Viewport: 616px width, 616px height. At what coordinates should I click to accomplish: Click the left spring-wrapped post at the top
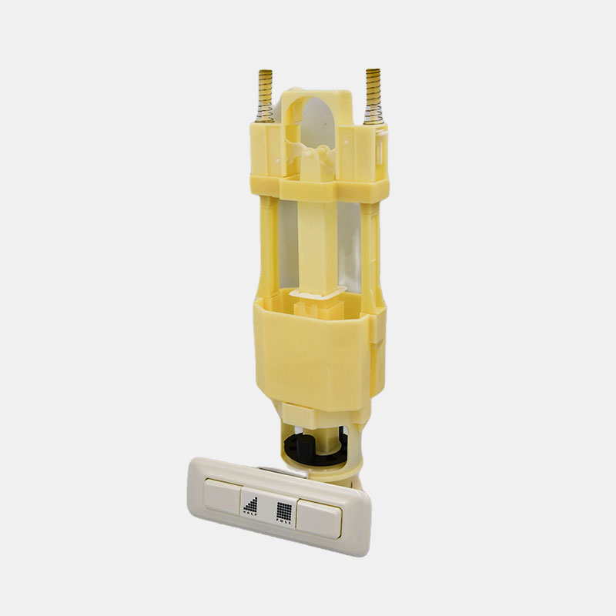point(266,95)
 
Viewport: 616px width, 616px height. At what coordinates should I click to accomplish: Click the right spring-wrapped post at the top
point(373,97)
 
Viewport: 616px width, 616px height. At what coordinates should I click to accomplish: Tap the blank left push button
point(223,495)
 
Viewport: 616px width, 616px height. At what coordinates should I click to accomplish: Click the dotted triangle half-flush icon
point(252,503)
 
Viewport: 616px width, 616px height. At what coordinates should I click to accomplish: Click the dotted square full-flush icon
point(284,511)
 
